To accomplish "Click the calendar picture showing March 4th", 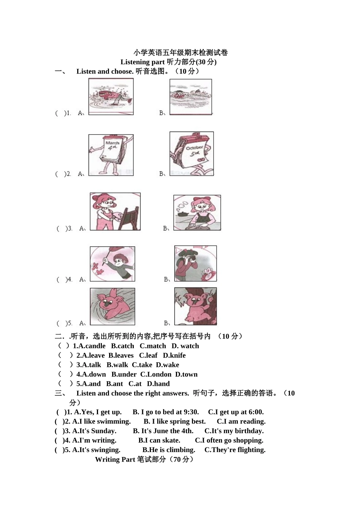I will click(111, 155).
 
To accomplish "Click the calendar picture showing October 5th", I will click(192, 154).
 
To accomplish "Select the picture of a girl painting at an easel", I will click(115, 211).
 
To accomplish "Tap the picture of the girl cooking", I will click(197, 213).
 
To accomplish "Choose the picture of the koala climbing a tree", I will click(195, 306).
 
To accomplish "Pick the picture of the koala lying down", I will click(112, 306).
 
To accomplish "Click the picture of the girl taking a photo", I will click(195, 263).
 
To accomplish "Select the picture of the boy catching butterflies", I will click(112, 263).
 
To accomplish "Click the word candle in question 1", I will click(92, 346).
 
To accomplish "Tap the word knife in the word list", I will click(177, 355).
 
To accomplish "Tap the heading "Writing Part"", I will click(115, 460).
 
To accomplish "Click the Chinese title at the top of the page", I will click(180, 52).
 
